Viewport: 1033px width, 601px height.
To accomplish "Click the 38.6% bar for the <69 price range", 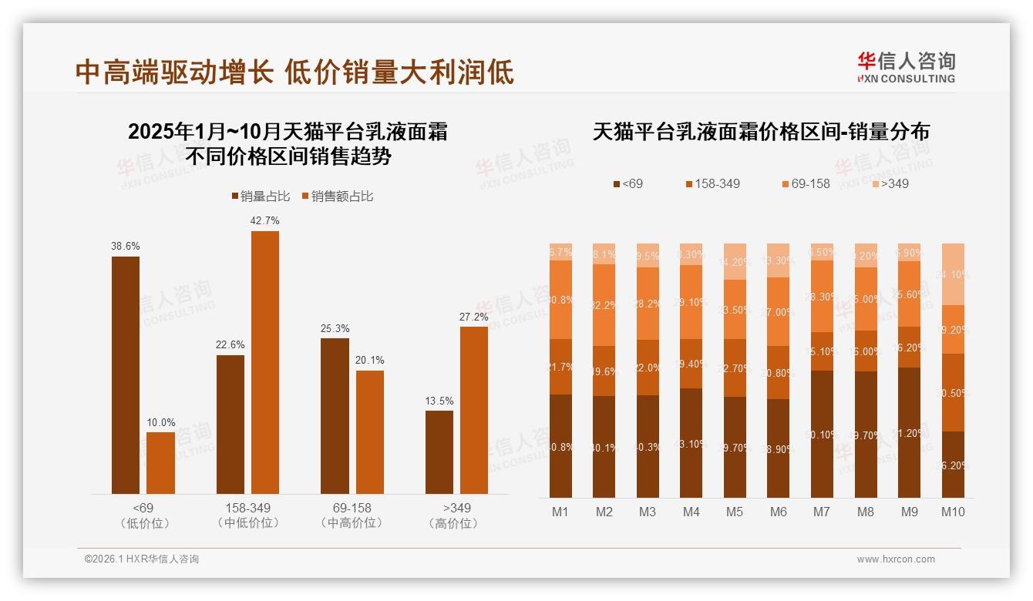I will [126, 374].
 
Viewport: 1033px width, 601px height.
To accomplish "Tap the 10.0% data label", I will [160, 422].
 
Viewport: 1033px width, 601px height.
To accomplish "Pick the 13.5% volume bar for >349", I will [439, 452].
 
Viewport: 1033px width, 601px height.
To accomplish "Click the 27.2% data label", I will [474, 317].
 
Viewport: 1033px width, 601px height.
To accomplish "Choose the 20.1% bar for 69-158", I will [370, 431].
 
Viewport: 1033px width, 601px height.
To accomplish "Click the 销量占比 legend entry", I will [261, 196].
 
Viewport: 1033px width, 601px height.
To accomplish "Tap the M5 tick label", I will [735, 512].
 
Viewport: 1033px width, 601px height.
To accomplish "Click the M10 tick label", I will [953, 512].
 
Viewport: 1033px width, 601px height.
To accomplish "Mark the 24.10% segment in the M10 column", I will [953, 274].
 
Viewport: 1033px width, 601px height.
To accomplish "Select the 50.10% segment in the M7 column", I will [823, 434].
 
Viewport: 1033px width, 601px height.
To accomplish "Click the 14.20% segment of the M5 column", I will [735, 261].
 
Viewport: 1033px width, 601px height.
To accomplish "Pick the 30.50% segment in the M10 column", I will [953, 392].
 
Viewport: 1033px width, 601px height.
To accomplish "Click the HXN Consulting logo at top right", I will [906, 67].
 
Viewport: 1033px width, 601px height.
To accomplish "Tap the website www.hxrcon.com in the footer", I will [896, 559].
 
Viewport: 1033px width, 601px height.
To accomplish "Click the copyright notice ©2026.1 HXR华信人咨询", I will [141, 559].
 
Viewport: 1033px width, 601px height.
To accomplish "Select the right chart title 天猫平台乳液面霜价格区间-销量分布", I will [761, 132].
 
